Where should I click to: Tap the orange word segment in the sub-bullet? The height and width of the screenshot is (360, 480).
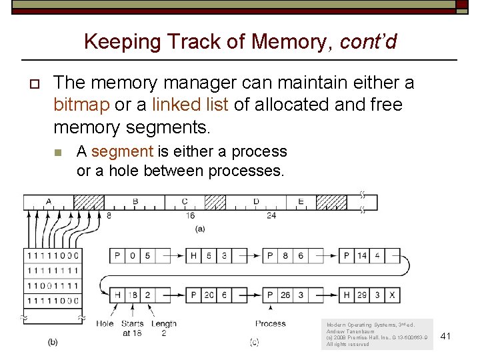123,151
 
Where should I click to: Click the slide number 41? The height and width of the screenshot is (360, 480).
446,336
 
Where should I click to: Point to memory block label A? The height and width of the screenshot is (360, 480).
49,201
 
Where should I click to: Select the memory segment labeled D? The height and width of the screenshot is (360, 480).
256,201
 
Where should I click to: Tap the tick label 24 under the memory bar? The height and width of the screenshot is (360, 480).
271,216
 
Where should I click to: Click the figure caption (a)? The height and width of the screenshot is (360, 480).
199,229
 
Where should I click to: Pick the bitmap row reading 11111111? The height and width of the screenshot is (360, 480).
53,271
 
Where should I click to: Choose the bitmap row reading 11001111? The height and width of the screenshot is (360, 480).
53,286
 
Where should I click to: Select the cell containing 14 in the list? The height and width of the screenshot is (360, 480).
362,255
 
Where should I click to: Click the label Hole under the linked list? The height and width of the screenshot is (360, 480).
105,324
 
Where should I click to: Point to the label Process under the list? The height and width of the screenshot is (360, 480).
270,324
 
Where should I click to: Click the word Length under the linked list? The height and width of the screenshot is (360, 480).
164,324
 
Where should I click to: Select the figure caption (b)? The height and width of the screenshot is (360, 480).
53,342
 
